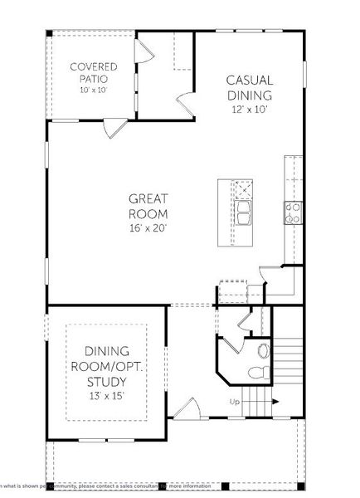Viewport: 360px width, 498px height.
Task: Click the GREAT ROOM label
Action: (149, 204)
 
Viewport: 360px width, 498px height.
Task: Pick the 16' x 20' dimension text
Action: (149, 227)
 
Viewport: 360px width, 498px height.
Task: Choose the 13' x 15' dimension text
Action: (107, 396)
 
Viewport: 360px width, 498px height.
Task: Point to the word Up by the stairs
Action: (235, 403)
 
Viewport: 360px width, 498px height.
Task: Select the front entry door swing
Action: (187, 408)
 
